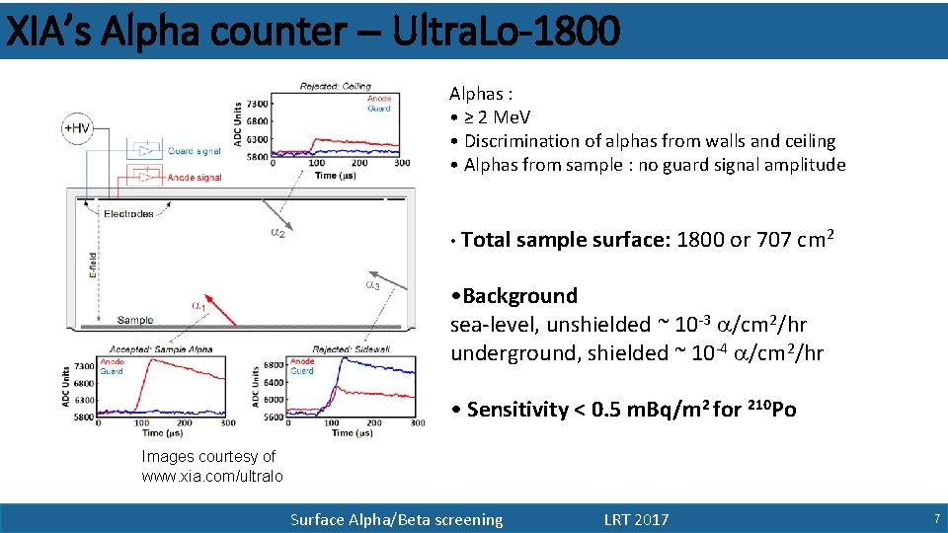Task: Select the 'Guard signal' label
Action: point(195,151)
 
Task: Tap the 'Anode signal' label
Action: point(196,178)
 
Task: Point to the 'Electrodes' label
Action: point(128,213)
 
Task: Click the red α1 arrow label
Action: point(198,306)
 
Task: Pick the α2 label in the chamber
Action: point(277,233)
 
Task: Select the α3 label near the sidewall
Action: point(372,285)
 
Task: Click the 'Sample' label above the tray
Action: point(135,320)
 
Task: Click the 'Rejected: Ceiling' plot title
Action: point(336,87)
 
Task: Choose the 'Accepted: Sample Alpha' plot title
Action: point(163,349)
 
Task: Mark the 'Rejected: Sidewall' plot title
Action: point(352,349)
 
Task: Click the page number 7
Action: point(935,519)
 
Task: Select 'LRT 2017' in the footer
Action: point(636,519)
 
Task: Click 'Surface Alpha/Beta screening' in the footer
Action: point(396,519)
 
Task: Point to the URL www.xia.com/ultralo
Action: point(212,476)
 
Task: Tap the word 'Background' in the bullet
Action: point(519,296)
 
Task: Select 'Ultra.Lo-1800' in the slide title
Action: point(507,32)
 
